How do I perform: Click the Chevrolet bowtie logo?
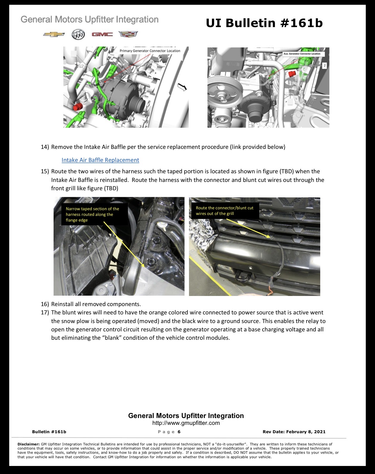pyautogui.click(x=54, y=35)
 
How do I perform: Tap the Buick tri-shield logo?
pyautogui.click(x=78, y=34)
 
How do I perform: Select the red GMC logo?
pyautogui.click(x=102, y=34)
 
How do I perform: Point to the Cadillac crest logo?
pyautogui.click(x=128, y=34)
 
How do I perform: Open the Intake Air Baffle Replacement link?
pyautogui.click(x=100, y=160)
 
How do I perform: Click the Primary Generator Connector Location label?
pyautogui.click(x=150, y=51)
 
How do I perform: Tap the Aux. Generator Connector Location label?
pyautogui.click(x=304, y=54)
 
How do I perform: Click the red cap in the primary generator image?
pyautogui.click(x=77, y=107)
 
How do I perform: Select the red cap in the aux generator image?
pyautogui.click(x=292, y=74)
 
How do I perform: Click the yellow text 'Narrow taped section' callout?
pyautogui.click(x=93, y=215)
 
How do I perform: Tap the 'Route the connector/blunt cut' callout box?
pyautogui.click(x=225, y=211)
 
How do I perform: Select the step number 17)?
pyautogui.click(x=45, y=313)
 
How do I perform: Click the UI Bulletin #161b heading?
pyautogui.click(x=264, y=23)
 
